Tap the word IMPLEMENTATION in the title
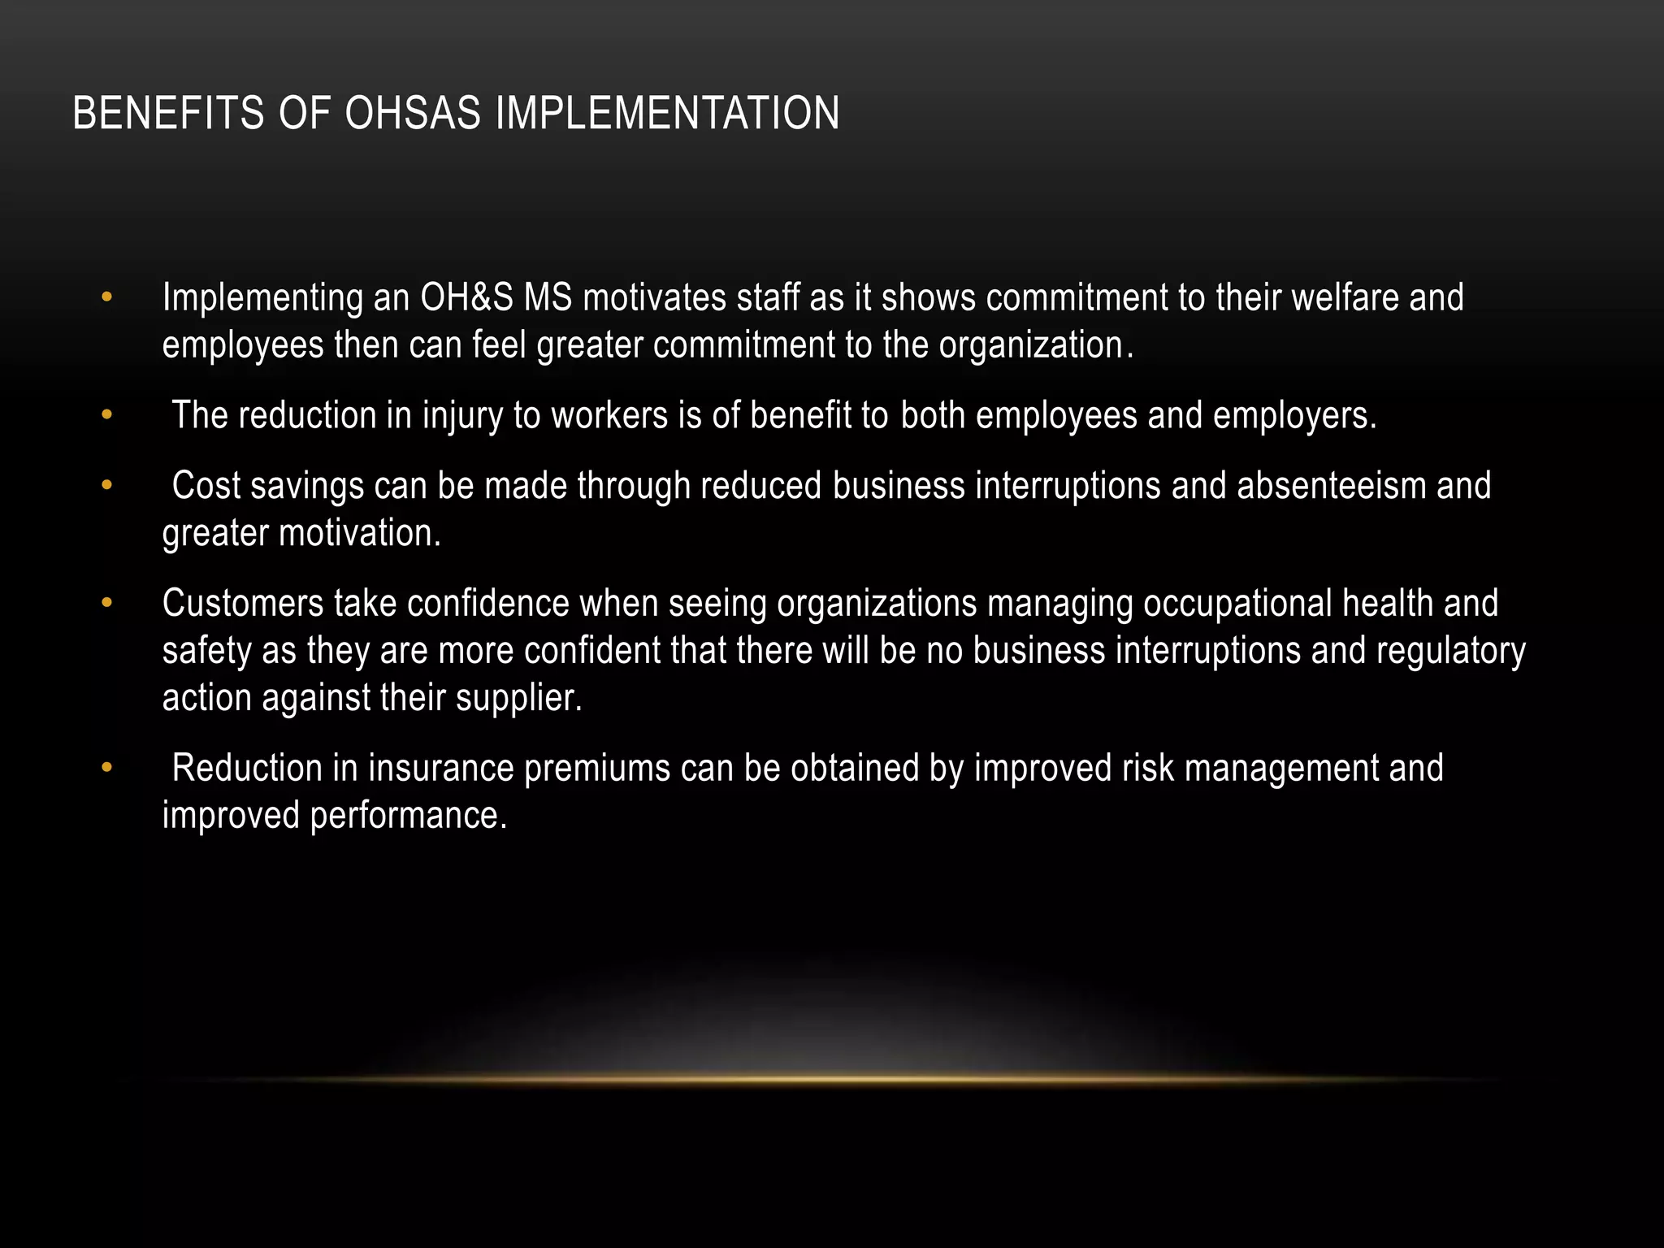667,113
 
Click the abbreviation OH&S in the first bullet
466,298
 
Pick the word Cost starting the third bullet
206,486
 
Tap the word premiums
597,769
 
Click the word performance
408,816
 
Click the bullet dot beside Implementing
106,298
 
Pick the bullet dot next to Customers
106,604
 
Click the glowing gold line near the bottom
832,1080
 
